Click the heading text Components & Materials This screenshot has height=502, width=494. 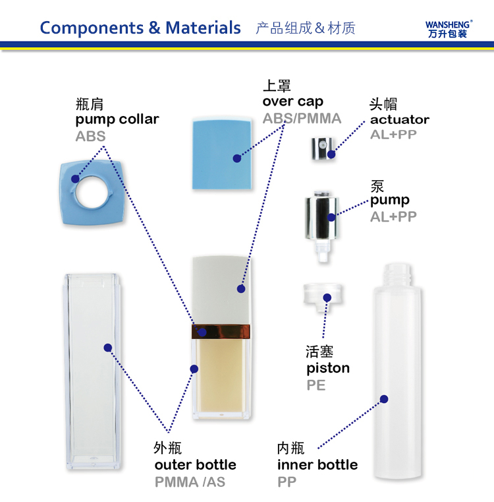click(140, 28)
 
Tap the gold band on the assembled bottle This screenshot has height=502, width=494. click(221, 331)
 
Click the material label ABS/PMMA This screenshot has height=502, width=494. click(302, 119)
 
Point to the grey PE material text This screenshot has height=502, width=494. click(316, 385)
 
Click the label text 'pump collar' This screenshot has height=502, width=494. click(117, 119)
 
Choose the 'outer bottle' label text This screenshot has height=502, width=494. click(195, 465)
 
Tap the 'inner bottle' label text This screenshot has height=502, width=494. click(317, 465)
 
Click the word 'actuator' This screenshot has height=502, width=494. click(399, 119)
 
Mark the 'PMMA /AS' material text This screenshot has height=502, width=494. click(190, 482)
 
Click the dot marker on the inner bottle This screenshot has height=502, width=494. click(384, 398)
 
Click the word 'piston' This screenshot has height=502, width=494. click(328, 368)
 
